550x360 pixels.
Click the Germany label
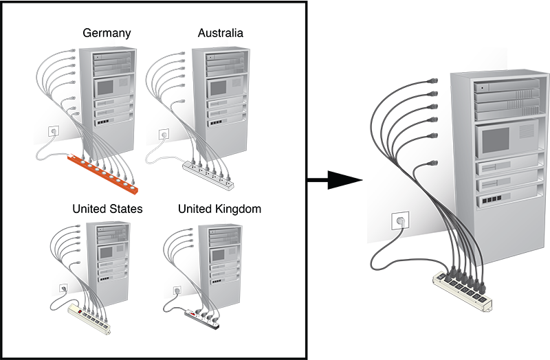pos(107,33)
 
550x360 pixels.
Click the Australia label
pos(220,33)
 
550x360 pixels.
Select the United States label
pos(108,209)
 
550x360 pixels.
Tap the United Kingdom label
pos(219,209)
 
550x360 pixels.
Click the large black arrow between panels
pos(334,181)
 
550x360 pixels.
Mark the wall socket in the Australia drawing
pos(164,133)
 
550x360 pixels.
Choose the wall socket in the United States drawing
pos(63,289)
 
